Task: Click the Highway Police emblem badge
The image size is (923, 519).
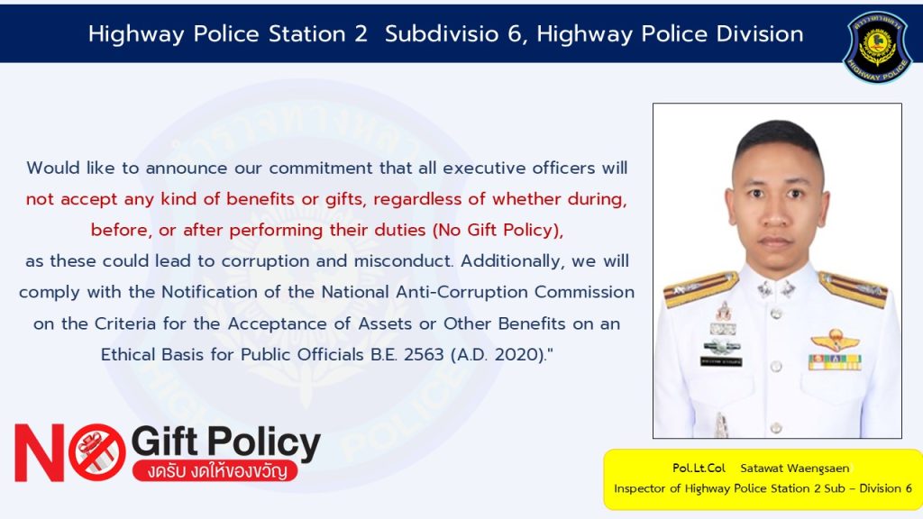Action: point(877,47)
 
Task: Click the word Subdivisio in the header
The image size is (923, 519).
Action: point(442,34)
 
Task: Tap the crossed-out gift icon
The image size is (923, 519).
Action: point(97,452)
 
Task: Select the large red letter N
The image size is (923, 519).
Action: point(39,452)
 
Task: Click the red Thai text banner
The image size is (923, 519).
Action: point(215,470)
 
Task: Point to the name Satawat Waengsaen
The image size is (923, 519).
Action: point(795,469)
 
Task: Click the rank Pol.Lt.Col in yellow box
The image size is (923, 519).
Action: point(699,469)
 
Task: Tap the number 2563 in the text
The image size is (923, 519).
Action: point(424,355)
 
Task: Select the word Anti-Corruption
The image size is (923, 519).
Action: point(462,293)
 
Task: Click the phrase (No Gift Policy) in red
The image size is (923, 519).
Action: point(498,230)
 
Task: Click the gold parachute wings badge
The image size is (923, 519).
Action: point(835,340)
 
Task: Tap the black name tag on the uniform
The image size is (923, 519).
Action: point(721,361)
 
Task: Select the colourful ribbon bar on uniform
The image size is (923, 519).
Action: point(835,361)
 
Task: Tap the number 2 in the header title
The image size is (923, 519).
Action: point(361,34)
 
